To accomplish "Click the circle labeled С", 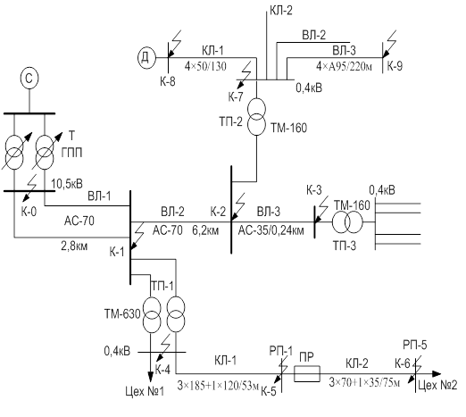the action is pyautogui.click(x=29, y=79).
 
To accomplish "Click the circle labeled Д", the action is pyautogui.click(x=146, y=57).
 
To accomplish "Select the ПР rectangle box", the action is pyautogui.click(x=307, y=374).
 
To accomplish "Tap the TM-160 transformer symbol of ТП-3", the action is pyautogui.click(x=347, y=221).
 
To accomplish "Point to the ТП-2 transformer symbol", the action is pyautogui.click(x=256, y=116).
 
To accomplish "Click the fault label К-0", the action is pyautogui.click(x=29, y=212).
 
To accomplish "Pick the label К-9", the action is pyautogui.click(x=395, y=66).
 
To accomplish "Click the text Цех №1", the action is pyautogui.click(x=145, y=391).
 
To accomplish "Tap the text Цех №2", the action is pyautogui.click(x=437, y=386).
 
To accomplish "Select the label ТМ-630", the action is pyautogui.click(x=122, y=314).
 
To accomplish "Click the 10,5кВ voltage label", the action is pyautogui.click(x=67, y=184).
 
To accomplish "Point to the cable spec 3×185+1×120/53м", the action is pyautogui.click(x=218, y=386).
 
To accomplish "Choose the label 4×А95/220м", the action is pyautogui.click(x=344, y=66).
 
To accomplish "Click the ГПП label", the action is pyautogui.click(x=71, y=153).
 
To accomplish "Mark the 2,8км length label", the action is pyautogui.click(x=74, y=246).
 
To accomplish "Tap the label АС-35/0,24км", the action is pyautogui.click(x=271, y=230).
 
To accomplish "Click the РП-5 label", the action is pyautogui.click(x=415, y=345).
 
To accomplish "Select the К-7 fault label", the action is pyautogui.click(x=236, y=96).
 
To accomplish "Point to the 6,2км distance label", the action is pyautogui.click(x=205, y=230).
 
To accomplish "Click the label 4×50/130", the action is pyautogui.click(x=205, y=66).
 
